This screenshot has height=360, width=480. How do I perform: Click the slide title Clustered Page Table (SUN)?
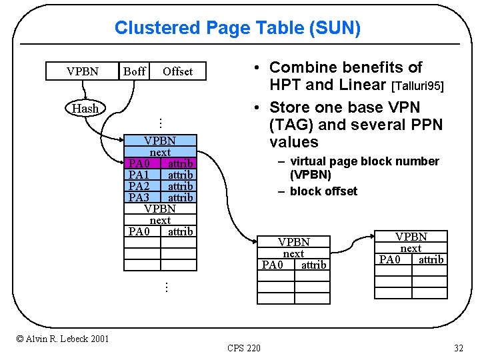click(237, 28)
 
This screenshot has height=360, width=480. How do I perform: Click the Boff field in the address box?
click(134, 71)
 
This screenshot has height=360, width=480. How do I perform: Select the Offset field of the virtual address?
click(177, 71)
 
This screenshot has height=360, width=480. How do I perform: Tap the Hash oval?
click(85, 108)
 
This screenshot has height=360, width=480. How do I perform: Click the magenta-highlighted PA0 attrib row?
click(161, 163)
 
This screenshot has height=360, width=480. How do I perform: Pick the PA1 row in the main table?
click(161, 175)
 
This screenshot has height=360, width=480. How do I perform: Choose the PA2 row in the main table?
click(161, 186)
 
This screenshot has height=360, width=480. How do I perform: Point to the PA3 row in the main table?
click(161, 197)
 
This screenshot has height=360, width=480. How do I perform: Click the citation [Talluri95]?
click(417, 86)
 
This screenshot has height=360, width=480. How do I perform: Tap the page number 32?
click(458, 347)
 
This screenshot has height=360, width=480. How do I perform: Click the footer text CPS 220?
click(244, 347)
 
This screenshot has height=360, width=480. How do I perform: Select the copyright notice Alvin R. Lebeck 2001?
click(63, 339)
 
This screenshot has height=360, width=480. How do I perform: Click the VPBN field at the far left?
click(83, 71)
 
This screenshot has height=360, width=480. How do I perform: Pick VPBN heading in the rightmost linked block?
click(411, 237)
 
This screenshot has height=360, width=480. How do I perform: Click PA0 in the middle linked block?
click(273, 265)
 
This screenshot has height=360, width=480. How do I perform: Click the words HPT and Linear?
click(327, 85)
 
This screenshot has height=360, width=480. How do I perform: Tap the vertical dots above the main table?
click(160, 123)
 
